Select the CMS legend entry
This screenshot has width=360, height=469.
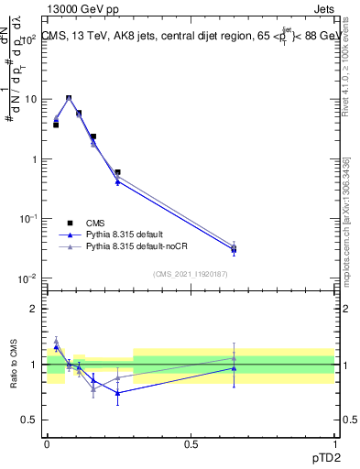pyautogui.click(x=95, y=223)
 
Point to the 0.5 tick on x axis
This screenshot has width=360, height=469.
pyautogui.click(x=191, y=442)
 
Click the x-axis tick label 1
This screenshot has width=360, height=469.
pyautogui.click(x=334, y=442)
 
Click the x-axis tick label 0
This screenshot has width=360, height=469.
pyautogui.click(x=47, y=442)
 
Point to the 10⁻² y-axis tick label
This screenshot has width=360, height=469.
pyautogui.click(x=29, y=278)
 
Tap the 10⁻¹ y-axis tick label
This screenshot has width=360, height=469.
pyautogui.click(x=29, y=218)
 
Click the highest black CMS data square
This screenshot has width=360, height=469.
pyautogui.click(x=69, y=98)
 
